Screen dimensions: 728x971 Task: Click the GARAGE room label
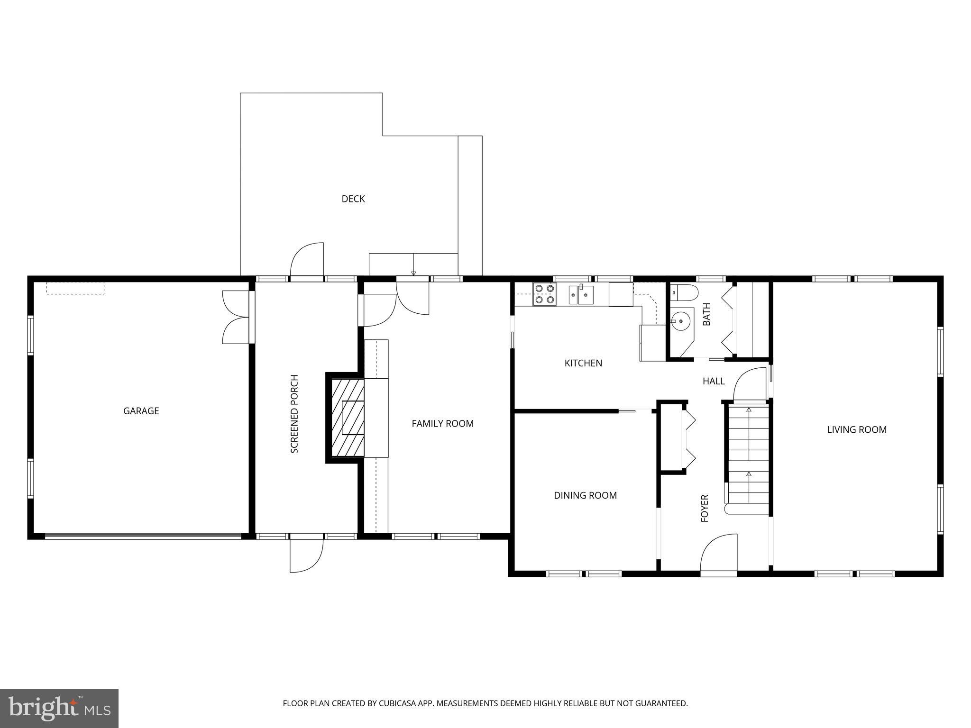(141, 411)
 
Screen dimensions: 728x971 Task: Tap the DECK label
(353, 199)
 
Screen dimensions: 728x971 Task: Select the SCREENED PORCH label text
(294, 414)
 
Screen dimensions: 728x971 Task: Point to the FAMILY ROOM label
(442, 424)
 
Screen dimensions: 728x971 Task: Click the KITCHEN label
(583, 363)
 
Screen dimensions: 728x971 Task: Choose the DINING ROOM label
(585, 495)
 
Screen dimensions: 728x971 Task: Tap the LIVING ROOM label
(856, 429)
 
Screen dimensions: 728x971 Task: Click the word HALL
(714, 381)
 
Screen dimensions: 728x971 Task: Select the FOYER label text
(705, 508)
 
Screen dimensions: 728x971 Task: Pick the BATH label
(706, 314)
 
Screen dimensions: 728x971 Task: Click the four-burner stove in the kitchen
(544, 294)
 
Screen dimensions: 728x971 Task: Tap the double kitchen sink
(581, 295)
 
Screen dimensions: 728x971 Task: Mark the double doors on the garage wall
(236, 317)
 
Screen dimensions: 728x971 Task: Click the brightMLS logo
(59, 708)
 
